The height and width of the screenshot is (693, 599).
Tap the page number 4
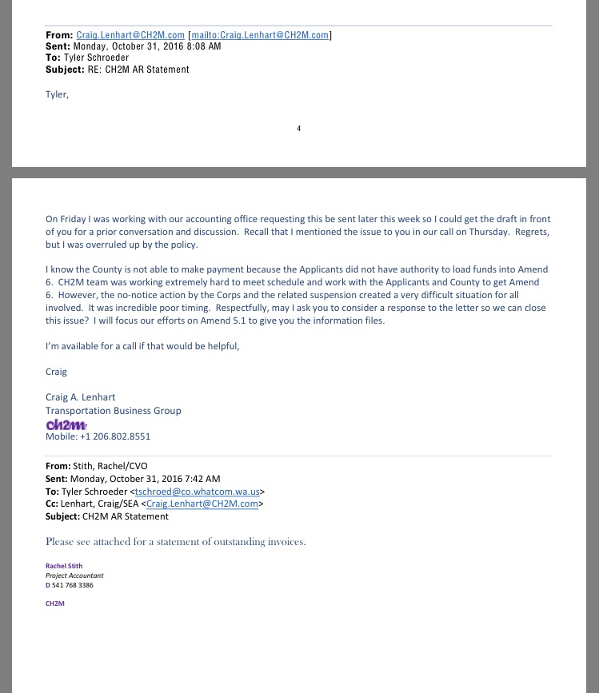coord(299,129)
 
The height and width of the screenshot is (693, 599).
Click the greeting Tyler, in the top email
coord(57,94)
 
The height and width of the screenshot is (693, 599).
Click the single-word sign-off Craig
coord(56,372)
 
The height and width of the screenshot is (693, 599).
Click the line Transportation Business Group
coord(113,410)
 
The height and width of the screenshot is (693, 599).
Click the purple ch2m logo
coord(66,424)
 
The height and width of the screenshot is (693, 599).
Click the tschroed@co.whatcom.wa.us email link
coord(198,492)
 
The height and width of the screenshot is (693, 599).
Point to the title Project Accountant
coord(74,575)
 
